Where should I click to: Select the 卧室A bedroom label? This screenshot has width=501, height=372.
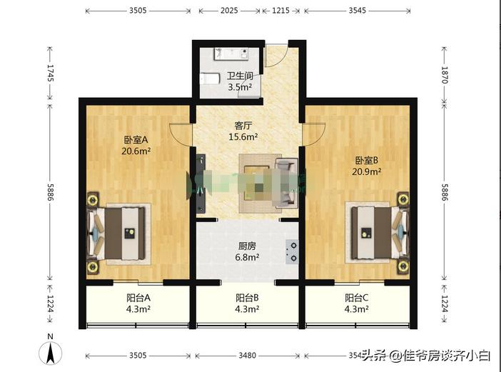pos(135,140)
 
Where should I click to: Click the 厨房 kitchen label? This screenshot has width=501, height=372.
pos(248,246)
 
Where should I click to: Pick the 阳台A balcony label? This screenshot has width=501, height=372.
pos(138,298)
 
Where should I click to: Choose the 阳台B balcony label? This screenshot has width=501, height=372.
pos(247,298)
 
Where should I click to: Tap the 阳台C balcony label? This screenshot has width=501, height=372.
pos(356,298)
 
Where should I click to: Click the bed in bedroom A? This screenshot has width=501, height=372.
pos(119,233)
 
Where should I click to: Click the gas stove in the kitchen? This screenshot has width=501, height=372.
pos(292,251)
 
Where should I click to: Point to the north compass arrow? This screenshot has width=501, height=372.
pos(50,351)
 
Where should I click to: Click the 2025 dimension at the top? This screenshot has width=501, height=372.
pos(230,11)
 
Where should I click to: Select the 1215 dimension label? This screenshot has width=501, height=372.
pos(281,11)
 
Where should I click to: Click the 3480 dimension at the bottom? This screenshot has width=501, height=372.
pos(247,355)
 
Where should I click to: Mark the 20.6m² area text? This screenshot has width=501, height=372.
pos(135,151)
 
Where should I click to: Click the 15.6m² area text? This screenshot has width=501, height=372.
pos(243,136)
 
